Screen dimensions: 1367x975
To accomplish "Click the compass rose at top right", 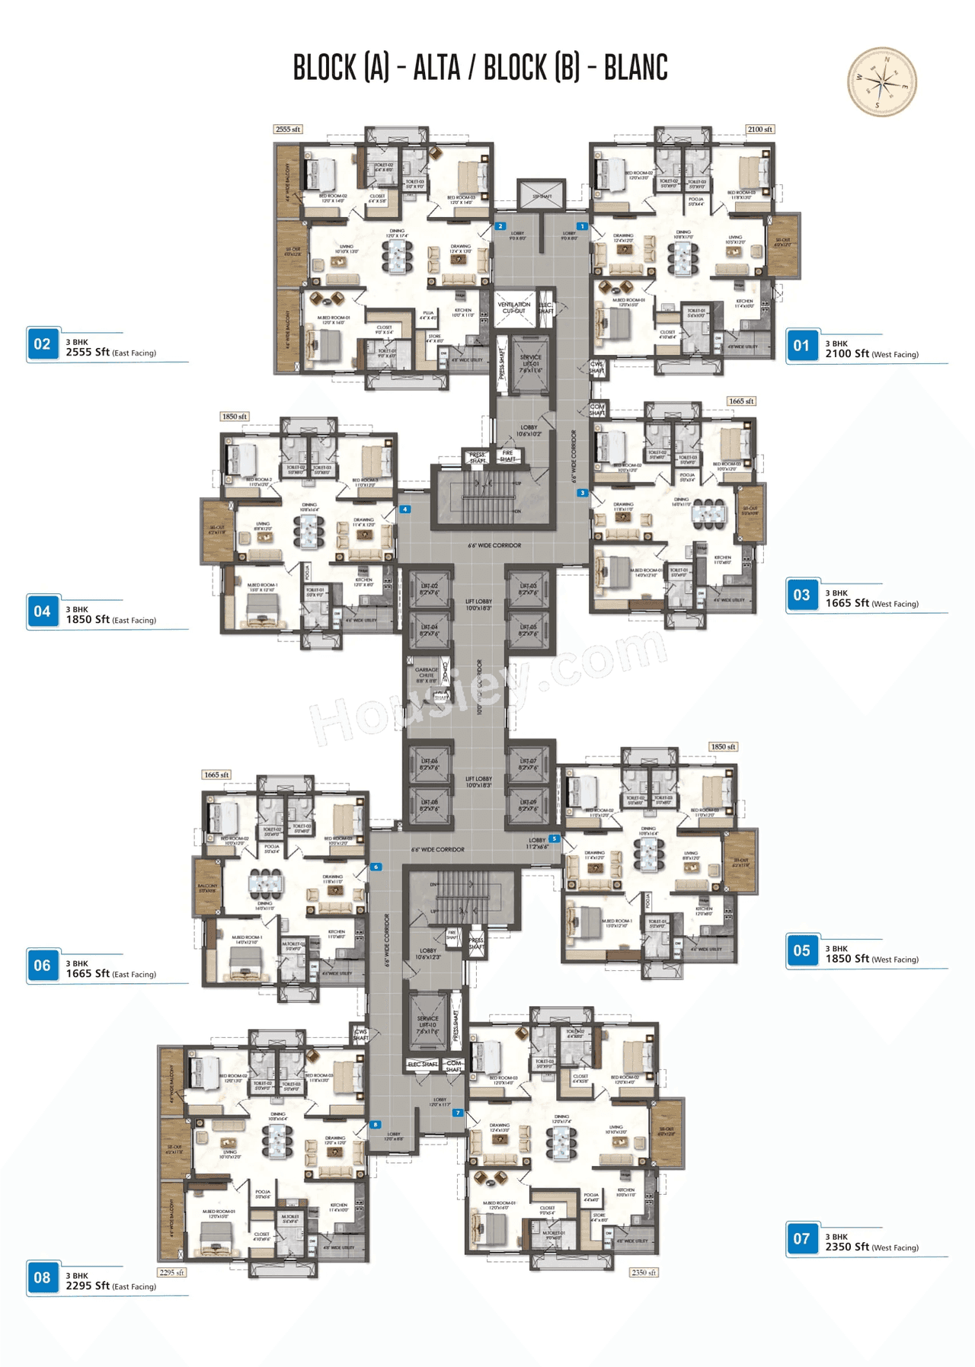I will click(x=882, y=81).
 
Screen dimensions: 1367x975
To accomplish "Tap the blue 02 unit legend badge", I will click(x=42, y=344).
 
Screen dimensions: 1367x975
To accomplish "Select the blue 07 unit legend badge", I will click(x=801, y=1239).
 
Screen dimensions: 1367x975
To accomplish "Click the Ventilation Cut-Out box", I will click(x=514, y=308).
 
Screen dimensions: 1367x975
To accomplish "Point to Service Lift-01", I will click(x=530, y=364).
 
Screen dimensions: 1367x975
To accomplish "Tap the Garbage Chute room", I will click(x=426, y=675).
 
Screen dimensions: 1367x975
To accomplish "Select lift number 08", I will click(x=430, y=805).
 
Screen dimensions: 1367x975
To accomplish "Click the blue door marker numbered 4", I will click(x=405, y=509).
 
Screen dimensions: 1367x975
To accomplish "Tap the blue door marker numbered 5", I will click(x=554, y=838).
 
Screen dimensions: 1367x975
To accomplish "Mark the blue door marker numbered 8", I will click(x=375, y=1124).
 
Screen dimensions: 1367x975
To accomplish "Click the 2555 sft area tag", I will click(x=288, y=129).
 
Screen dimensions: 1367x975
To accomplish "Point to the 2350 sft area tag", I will click(x=644, y=1272).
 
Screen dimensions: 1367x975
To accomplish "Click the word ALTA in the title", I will click(x=436, y=68).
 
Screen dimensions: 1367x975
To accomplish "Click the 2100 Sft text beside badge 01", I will click(x=847, y=353).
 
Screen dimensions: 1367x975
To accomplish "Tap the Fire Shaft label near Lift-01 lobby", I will click(x=507, y=456).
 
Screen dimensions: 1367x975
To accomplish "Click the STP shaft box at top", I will click(x=541, y=196).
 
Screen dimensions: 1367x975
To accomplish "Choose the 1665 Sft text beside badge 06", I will click(x=88, y=973).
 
